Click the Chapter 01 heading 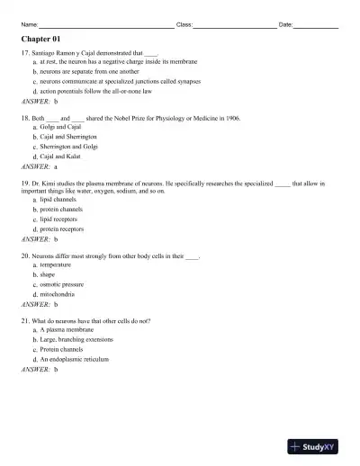click(x=40, y=40)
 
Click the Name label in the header click(x=29, y=24)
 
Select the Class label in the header click(x=184, y=24)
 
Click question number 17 click(x=25, y=54)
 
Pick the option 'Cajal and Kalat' click(x=61, y=157)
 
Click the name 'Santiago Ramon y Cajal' click(x=67, y=54)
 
